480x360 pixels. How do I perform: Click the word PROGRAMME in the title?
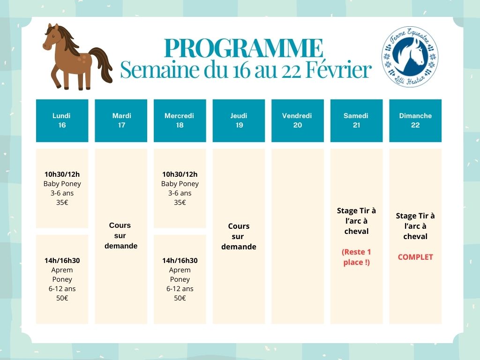(244, 48)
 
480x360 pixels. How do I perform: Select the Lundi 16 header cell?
(62, 120)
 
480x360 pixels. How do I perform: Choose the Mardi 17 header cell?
(121, 120)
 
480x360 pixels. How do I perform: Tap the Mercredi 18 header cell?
(180, 120)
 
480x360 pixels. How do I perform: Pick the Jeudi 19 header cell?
(239, 120)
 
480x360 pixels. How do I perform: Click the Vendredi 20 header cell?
(297, 120)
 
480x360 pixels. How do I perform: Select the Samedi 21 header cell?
(356, 120)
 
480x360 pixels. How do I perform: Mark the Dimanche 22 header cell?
(415, 120)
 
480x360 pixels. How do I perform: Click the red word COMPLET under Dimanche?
(415, 257)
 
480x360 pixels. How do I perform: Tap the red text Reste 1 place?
(356, 257)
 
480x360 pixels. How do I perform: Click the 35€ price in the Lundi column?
(62, 202)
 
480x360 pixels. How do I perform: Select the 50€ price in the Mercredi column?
(180, 298)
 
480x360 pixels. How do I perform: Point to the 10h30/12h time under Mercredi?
(180, 174)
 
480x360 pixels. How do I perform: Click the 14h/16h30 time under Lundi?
(62, 261)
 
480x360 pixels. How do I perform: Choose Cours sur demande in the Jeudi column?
(239, 236)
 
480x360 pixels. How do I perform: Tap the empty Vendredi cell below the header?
(297, 236)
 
